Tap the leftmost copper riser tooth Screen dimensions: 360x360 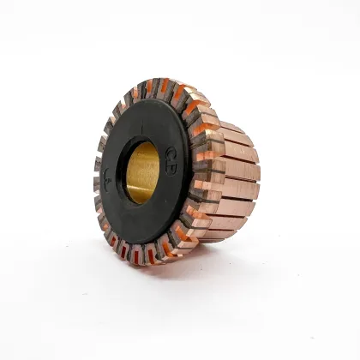[97, 184]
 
